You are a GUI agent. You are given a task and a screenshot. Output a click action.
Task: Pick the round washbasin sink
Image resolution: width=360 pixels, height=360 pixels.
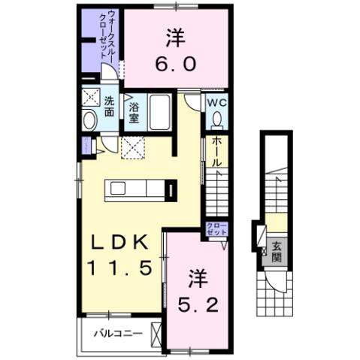point(89,120)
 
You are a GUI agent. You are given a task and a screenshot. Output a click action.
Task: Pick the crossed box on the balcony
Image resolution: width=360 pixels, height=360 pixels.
point(156,331)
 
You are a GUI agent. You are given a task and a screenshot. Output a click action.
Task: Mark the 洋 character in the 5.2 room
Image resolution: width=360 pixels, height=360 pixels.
point(197,279)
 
